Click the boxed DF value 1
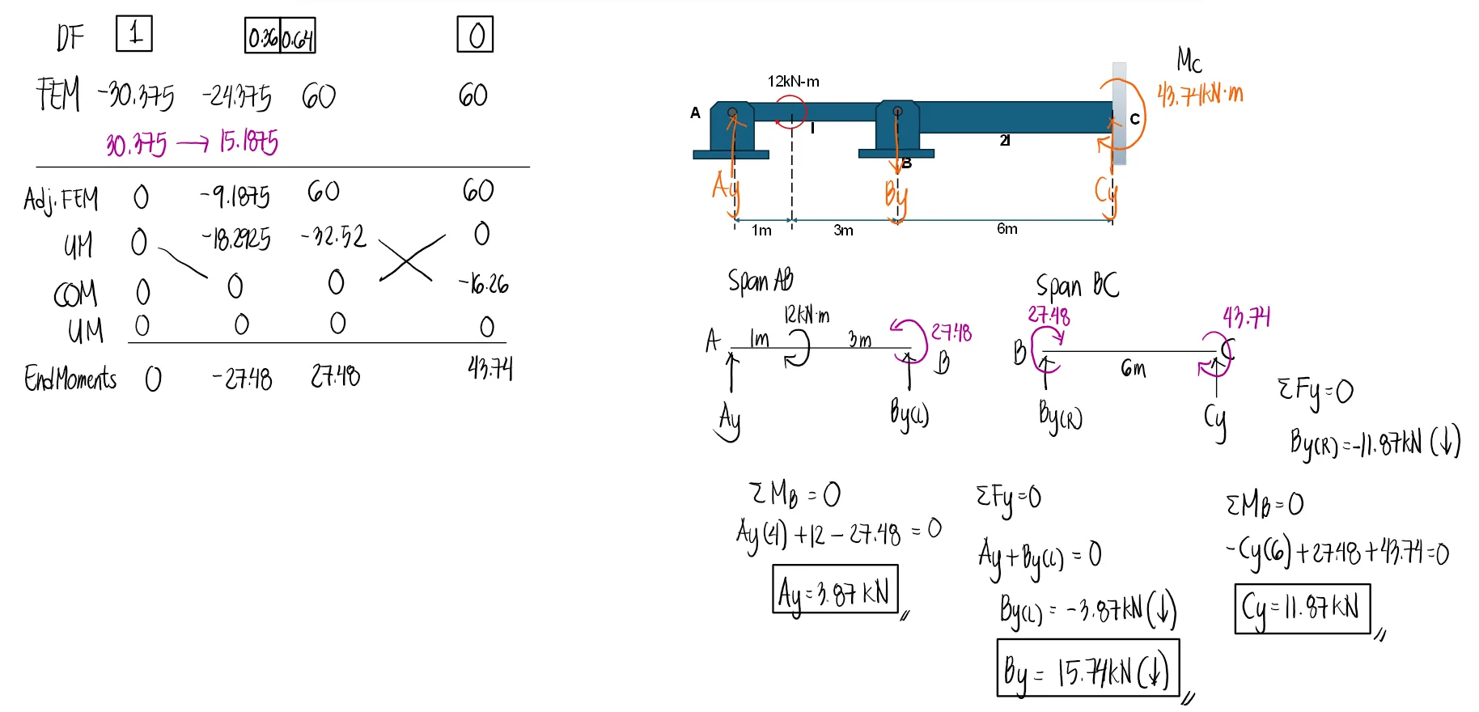pyautogui.click(x=134, y=34)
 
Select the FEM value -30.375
pyautogui.click(x=136, y=95)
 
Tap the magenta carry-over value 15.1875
pyautogui.click(x=248, y=142)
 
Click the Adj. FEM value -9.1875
pyautogui.click(x=235, y=196)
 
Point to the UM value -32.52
pyautogui.click(x=333, y=236)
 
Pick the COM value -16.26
pyautogui.click(x=484, y=284)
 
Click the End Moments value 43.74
pyautogui.click(x=489, y=369)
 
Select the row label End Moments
pyautogui.click(x=70, y=379)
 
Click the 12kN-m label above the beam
pyautogui.click(x=793, y=82)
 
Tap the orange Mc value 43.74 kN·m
pyautogui.click(x=1200, y=95)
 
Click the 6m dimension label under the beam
pyautogui.click(x=1007, y=229)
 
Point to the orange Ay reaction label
pyautogui.click(x=726, y=189)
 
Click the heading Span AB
pyautogui.click(x=760, y=281)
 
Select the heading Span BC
pyautogui.click(x=1078, y=286)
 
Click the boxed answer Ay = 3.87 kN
pyautogui.click(x=835, y=591)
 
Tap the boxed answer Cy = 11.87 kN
pyautogui.click(x=1302, y=608)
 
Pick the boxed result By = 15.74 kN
pyautogui.click(x=1087, y=668)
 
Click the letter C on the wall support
pyautogui.click(x=1134, y=119)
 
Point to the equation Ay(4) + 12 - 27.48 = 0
pyautogui.click(x=838, y=532)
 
